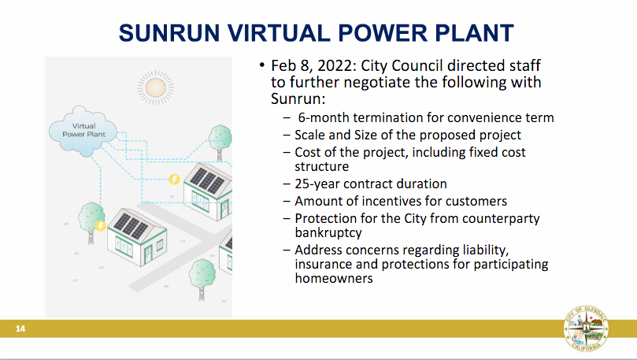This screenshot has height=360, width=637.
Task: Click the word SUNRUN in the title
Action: [x=169, y=33]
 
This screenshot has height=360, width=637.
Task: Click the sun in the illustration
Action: [x=156, y=87]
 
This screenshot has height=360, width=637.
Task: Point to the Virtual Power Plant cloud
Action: [x=83, y=131]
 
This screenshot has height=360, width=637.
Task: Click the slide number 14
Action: [x=20, y=328]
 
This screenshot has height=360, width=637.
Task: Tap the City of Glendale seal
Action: [x=586, y=328]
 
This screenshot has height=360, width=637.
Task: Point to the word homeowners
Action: [x=334, y=278]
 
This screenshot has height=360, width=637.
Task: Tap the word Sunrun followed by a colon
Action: [x=298, y=98]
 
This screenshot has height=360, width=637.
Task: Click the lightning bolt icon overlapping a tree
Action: [x=100, y=225]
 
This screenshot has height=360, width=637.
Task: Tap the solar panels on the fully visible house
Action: [x=131, y=225]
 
